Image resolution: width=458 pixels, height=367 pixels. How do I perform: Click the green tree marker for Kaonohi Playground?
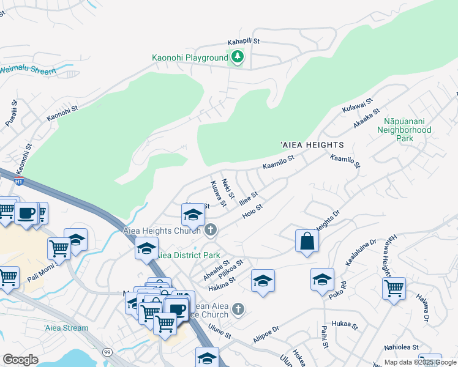tap(237, 58)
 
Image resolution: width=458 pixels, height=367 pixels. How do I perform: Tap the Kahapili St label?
tap(244, 42)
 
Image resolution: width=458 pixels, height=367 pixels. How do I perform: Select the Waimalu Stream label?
tap(28, 70)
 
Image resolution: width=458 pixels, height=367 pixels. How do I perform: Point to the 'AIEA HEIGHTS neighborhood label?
tap(312, 144)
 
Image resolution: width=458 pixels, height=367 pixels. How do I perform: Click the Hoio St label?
tap(252, 212)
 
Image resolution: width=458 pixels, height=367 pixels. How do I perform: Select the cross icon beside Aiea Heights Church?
tap(211, 231)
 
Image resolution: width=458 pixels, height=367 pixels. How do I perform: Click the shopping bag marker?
tap(307, 241)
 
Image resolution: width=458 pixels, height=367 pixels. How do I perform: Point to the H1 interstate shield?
tap(19, 181)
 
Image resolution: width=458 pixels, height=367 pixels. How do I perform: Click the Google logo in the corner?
tap(20, 359)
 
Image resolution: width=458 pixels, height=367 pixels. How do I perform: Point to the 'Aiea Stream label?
tap(66, 328)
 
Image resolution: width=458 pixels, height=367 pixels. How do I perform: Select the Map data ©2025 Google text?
tap(419, 362)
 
